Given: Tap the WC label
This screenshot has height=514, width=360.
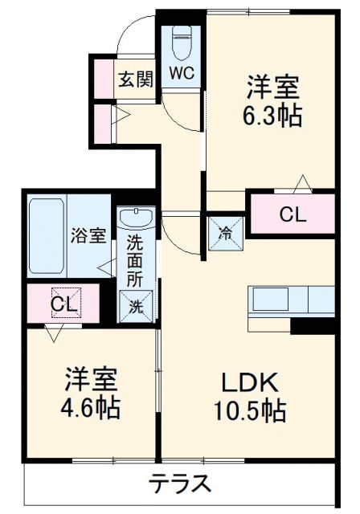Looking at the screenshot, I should [x=181, y=71].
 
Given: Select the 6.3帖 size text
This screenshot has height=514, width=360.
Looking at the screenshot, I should [x=274, y=116].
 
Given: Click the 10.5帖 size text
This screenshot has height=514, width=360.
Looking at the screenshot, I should [x=249, y=411].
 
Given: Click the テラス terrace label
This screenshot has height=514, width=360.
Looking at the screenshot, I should [x=181, y=483].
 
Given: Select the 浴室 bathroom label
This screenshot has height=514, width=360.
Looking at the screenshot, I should [x=88, y=235].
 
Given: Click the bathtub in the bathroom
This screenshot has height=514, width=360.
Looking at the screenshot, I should [x=48, y=236].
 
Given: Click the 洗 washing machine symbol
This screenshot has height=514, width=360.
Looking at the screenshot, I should [x=136, y=305].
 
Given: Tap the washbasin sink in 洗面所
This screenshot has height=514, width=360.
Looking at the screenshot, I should [x=136, y=219].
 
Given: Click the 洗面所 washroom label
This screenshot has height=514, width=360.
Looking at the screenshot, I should [x=136, y=262].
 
